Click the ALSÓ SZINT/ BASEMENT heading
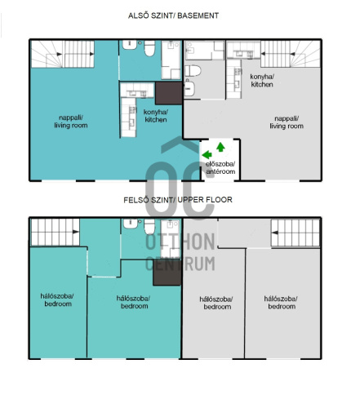[173, 16]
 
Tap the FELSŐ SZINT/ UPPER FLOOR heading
[178, 200]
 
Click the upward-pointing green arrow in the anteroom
[220, 147]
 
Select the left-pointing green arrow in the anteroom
[207, 154]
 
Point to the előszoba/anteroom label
[220, 168]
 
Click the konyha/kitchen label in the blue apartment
[156, 116]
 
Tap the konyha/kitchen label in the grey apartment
[262, 81]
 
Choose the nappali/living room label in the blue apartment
[71, 122]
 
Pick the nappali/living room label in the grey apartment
[287, 122]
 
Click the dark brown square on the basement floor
[169, 93]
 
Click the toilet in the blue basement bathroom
[149, 48]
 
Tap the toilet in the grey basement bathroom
[193, 71]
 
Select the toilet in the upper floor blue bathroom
[149, 227]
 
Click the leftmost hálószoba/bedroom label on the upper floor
[57, 300]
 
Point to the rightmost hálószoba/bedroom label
[281, 303]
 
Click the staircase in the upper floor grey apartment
[296, 233]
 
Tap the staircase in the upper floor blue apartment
[56, 232]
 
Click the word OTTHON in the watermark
[180, 242]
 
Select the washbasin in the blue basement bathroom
[130, 45]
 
